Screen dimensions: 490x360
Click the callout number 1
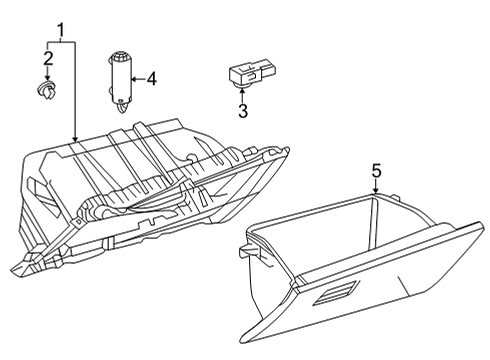coord(61,30)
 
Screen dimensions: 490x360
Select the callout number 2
coord(48,59)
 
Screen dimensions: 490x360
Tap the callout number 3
coord(243,111)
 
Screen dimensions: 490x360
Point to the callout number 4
coord(152,79)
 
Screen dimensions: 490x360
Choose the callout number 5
coord(376,171)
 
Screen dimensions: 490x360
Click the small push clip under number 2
coord(47,90)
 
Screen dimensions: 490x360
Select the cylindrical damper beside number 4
coord(120,81)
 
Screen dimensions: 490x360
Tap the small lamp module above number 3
coord(253,74)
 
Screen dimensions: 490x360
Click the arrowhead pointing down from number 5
coord(376,191)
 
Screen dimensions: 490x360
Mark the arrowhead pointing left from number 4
coord(134,79)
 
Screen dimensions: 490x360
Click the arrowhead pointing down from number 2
coord(48,78)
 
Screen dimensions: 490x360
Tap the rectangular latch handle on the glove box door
coord(336,293)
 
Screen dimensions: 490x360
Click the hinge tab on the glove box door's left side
coord(249,251)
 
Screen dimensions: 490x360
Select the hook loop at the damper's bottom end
coord(123,107)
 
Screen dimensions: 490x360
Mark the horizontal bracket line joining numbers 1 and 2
coord(61,42)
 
